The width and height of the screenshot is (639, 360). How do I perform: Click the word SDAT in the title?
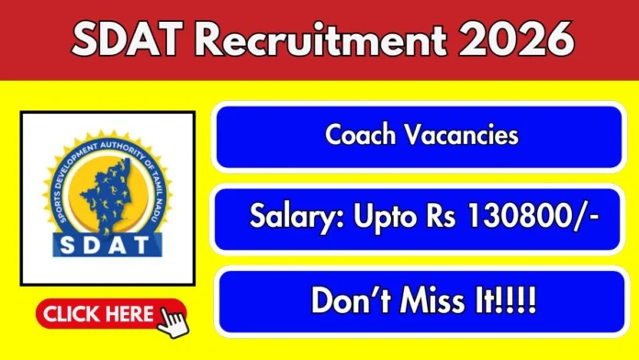point(124,40)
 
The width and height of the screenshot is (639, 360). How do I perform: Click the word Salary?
point(291,218)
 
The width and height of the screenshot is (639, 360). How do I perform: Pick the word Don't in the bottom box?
point(351,300)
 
